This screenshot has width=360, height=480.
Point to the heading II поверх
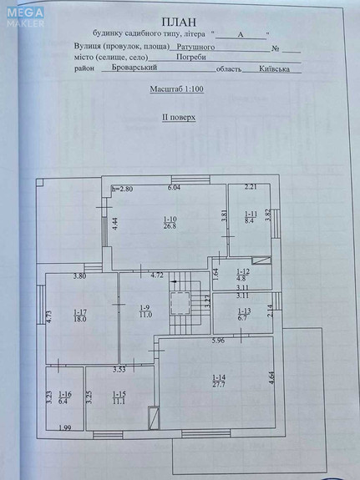point(179,118)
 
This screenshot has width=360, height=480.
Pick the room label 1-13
point(243,311)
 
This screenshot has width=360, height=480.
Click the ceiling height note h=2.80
point(122,189)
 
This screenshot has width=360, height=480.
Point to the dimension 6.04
point(174,189)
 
